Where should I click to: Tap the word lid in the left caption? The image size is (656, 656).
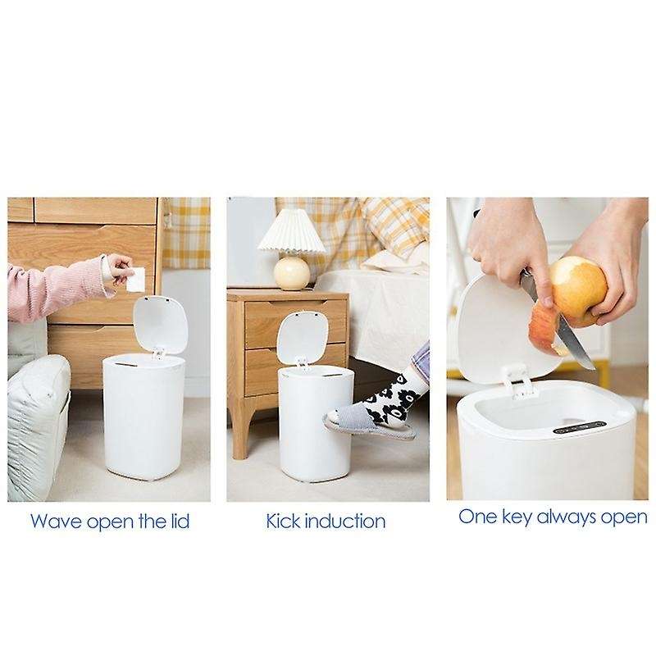click(x=180, y=520)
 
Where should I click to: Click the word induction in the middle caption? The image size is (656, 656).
click(x=346, y=520)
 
